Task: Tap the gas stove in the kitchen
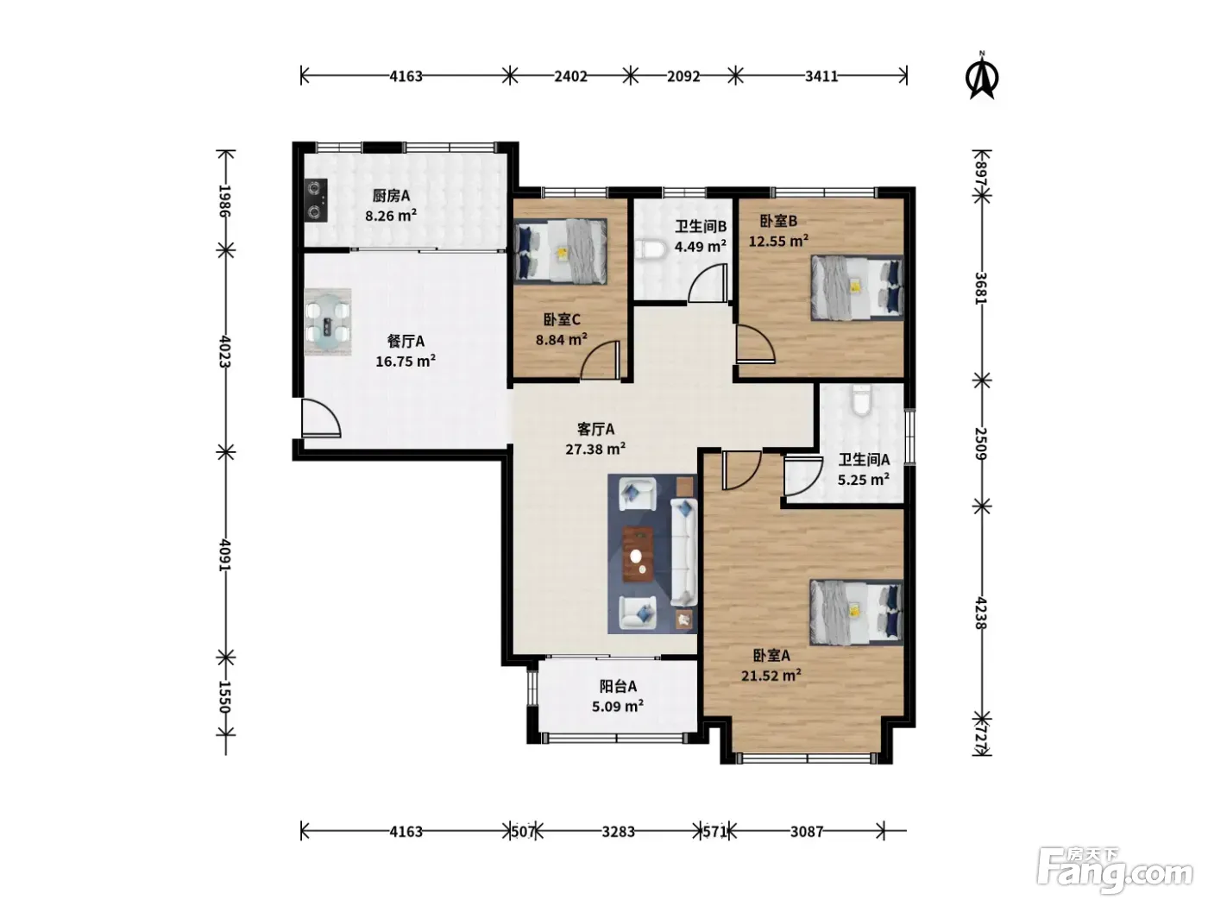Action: (x=316, y=200)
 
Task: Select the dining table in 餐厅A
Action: (x=328, y=323)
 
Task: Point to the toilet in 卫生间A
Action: (x=861, y=400)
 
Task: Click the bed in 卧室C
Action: (x=561, y=251)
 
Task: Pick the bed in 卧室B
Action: (x=857, y=287)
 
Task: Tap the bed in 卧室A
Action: (x=856, y=612)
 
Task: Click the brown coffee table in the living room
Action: (x=638, y=554)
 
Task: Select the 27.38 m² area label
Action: (x=595, y=450)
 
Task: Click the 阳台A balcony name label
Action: (x=618, y=686)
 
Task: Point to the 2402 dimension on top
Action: (x=570, y=76)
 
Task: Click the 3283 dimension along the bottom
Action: (x=618, y=831)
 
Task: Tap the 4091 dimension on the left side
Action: (x=224, y=555)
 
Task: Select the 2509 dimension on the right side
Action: (x=981, y=444)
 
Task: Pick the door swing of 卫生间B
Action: (x=708, y=283)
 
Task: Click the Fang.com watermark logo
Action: (x=1115, y=872)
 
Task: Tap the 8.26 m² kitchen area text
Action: (x=391, y=215)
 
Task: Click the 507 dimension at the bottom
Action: (x=522, y=831)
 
